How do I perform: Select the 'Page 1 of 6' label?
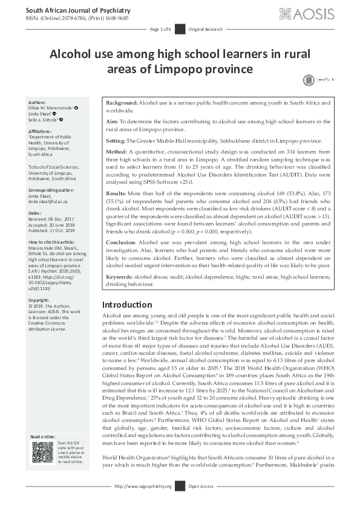point(160,29)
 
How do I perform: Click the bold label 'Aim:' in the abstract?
point(112,122)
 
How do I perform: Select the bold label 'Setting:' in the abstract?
point(116,139)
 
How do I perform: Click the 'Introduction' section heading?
point(126,304)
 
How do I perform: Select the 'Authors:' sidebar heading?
point(38,103)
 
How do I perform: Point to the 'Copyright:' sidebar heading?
point(39,299)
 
